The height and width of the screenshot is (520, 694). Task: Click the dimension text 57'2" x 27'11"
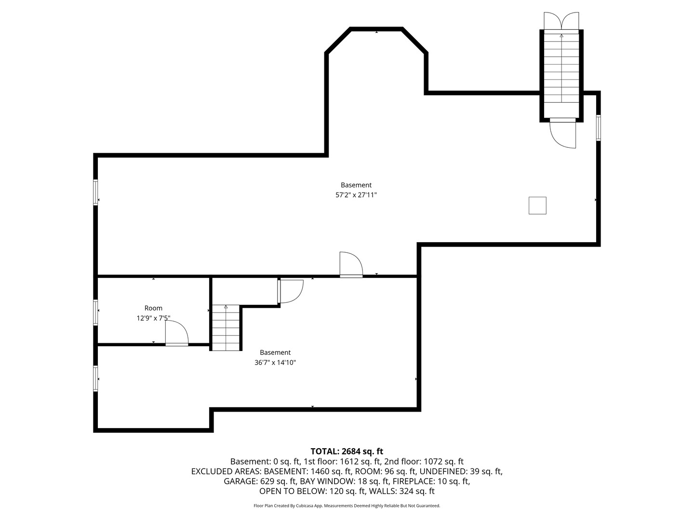pyautogui.click(x=356, y=195)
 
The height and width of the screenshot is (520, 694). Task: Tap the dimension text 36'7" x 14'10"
pyautogui.click(x=275, y=363)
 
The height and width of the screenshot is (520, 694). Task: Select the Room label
pyautogui.click(x=153, y=308)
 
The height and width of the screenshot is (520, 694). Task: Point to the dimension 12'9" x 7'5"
pyautogui.click(x=153, y=318)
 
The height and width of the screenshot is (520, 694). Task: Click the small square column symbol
pyautogui.click(x=537, y=205)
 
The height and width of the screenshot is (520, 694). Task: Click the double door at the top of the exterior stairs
pyautogui.click(x=561, y=21)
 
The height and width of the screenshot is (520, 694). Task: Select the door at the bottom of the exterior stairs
pyautogui.click(x=563, y=132)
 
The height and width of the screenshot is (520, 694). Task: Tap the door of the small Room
pyautogui.click(x=176, y=334)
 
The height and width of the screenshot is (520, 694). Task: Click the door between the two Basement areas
pyautogui.click(x=351, y=264)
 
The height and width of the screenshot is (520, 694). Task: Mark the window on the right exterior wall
pyautogui.click(x=599, y=128)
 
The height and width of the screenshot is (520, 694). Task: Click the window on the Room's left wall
pyautogui.click(x=96, y=312)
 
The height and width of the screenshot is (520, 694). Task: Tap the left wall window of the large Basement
pyautogui.click(x=96, y=193)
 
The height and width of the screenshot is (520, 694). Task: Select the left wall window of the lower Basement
pyautogui.click(x=96, y=379)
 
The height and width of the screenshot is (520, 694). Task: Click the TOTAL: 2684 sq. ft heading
pyautogui.click(x=347, y=451)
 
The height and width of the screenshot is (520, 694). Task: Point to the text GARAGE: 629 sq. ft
pyautogui.click(x=260, y=481)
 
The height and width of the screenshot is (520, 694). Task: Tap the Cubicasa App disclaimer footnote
pyautogui.click(x=347, y=506)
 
